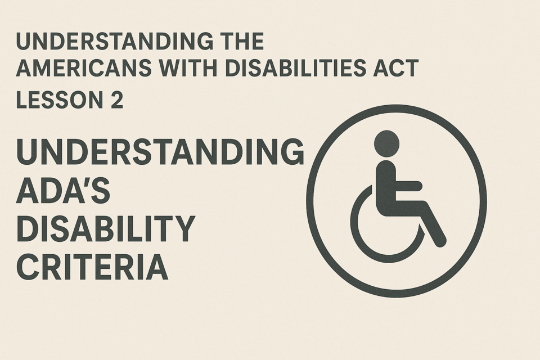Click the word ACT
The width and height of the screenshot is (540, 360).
395,68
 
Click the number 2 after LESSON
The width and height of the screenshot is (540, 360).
117,100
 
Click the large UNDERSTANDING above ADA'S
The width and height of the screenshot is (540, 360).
160,151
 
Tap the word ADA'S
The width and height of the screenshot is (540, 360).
63,190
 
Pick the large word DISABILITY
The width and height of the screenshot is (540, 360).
106,228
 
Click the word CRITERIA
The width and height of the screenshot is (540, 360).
92,267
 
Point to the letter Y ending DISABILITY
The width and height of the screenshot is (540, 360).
183,228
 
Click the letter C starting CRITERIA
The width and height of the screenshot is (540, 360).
27,267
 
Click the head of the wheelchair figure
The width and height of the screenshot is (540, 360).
386,142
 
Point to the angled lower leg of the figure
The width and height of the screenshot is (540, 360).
433,224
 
